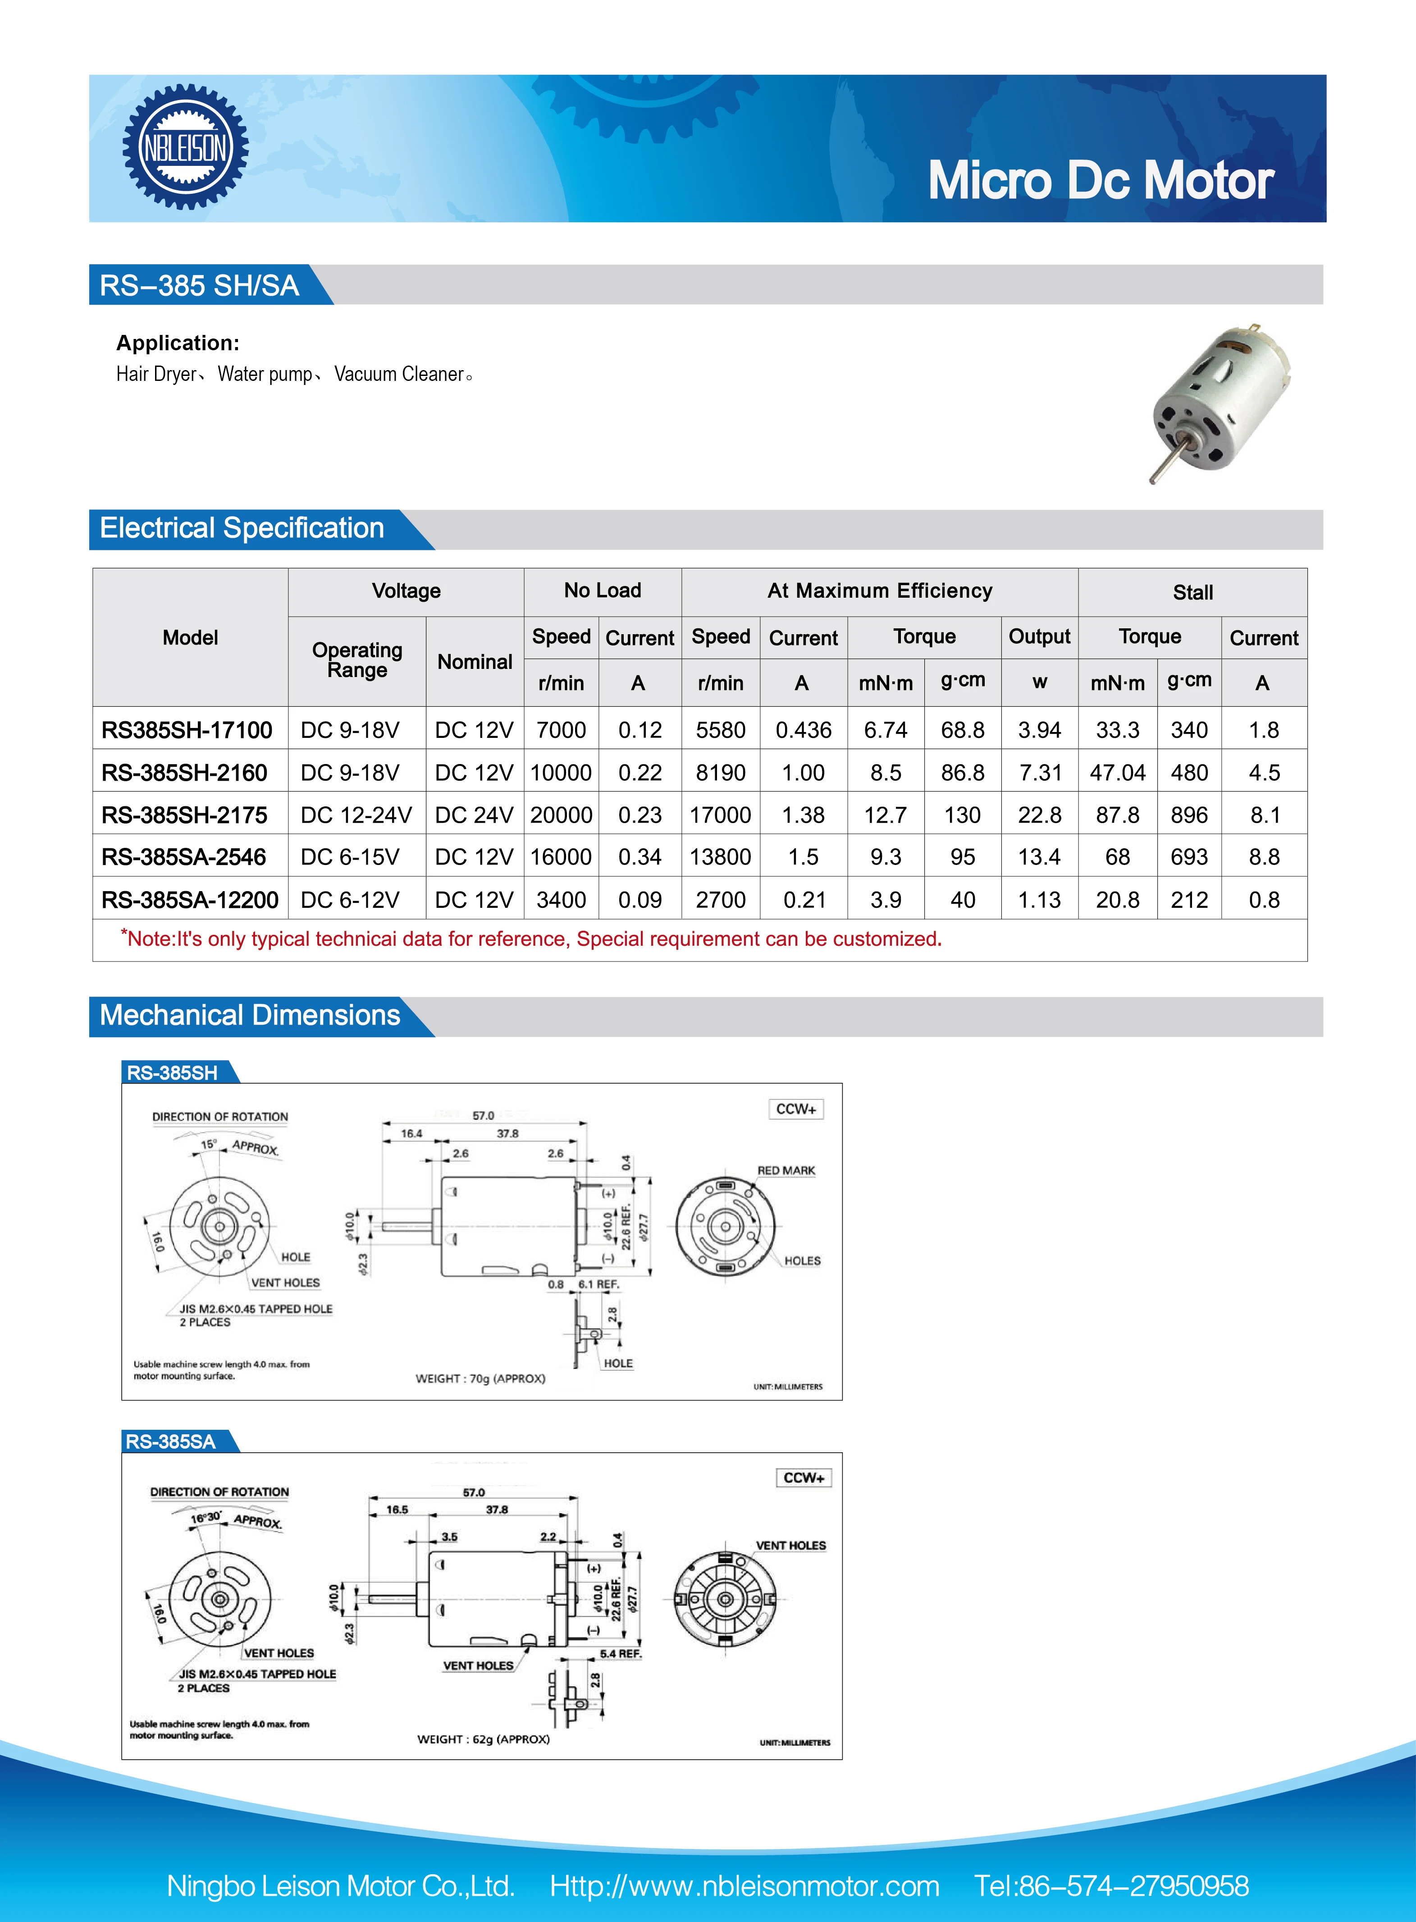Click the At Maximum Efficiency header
point(879,590)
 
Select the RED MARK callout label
point(786,1170)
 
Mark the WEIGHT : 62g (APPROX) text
point(484,1739)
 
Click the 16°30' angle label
point(206,1517)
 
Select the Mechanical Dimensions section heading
point(249,1015)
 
